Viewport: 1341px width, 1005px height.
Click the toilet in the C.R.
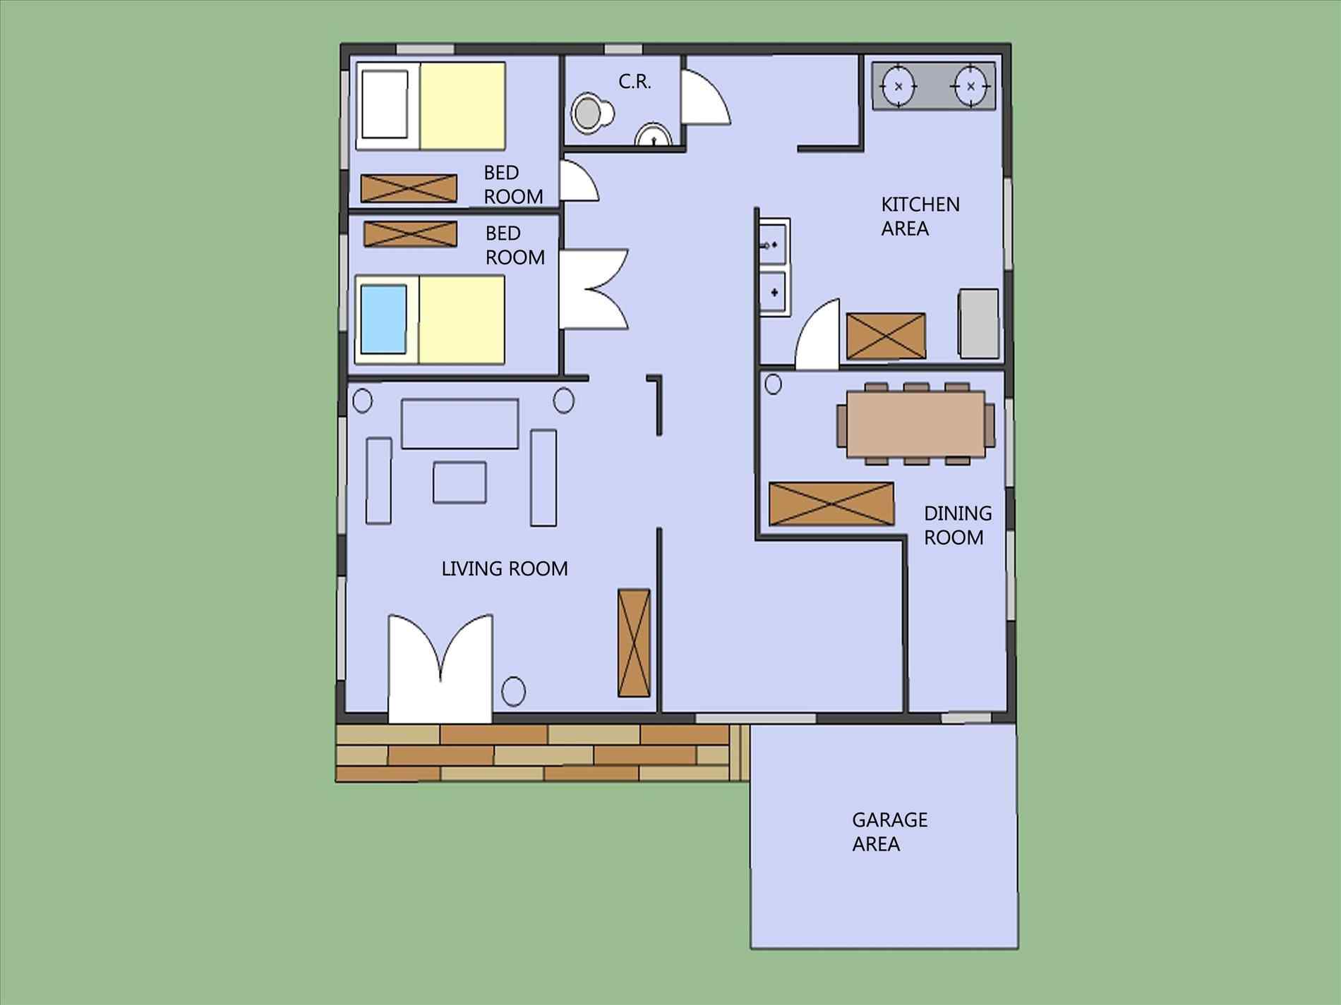[591, 113]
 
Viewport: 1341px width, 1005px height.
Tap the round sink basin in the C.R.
[654, 136]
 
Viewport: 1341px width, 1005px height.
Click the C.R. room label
[635, 82]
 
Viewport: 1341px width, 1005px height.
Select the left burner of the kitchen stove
[898, 86]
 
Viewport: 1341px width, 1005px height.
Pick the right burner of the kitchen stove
[971, 86]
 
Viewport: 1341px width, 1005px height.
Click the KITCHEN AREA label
[919, 217]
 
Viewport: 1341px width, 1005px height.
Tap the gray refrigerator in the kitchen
[979, 323]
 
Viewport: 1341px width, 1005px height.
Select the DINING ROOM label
[957, 525]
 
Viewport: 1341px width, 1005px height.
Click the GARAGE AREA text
[889, 832]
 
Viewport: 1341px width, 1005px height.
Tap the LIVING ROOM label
[504, 568]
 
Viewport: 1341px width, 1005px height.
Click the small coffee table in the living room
[459, 482]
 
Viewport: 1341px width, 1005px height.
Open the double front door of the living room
[440, 670]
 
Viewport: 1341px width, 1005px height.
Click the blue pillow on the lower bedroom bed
[384, 319]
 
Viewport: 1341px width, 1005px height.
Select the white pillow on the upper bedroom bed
[385, 104]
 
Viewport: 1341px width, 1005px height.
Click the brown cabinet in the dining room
[831, 504]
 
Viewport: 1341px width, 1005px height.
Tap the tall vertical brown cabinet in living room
[633, 642]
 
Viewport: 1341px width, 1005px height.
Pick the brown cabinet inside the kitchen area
[885, 336]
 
